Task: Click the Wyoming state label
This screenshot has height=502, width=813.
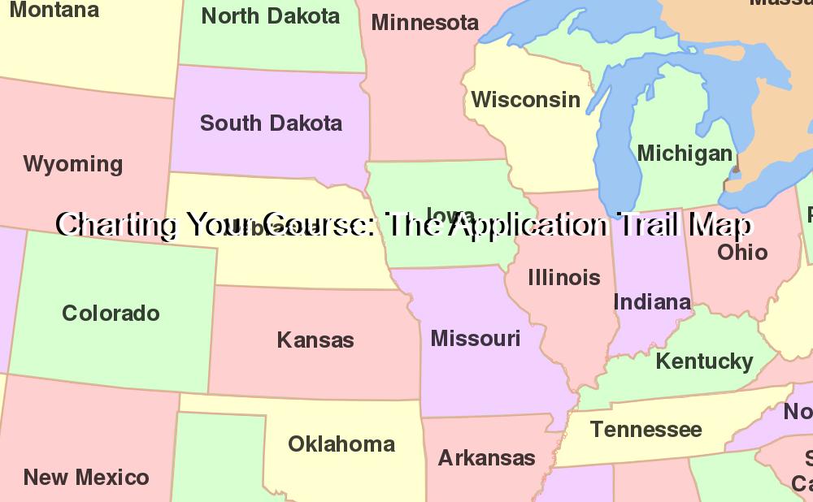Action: coord(73,164)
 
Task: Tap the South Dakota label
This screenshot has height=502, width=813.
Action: coord(271,123)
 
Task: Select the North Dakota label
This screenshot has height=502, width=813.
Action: coord(271,16)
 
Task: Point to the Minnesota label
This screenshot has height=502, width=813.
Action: coord(425,23)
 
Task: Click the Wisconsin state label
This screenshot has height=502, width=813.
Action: coord(526,100)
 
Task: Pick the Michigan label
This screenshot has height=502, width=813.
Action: coord(685,153)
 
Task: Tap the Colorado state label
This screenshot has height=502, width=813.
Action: coord(111,313)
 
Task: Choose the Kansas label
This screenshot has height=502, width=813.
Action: coord(315,340)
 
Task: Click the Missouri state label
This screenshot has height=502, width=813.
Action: coord(476,338)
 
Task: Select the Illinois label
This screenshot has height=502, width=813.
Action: coord(564,278)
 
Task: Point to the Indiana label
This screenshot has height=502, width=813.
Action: coord(652,302)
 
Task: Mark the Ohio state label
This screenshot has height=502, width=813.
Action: coord(742,252)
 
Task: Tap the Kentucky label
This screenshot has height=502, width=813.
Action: coord(704,361)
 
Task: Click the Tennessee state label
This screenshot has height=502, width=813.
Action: coord(646,429)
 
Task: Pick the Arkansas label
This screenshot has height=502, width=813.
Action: coord(487,458)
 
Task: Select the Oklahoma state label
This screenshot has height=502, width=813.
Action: coord(341,444)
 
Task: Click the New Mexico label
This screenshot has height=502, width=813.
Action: coord(86,477)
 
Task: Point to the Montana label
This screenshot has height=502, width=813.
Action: coord(54,11)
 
